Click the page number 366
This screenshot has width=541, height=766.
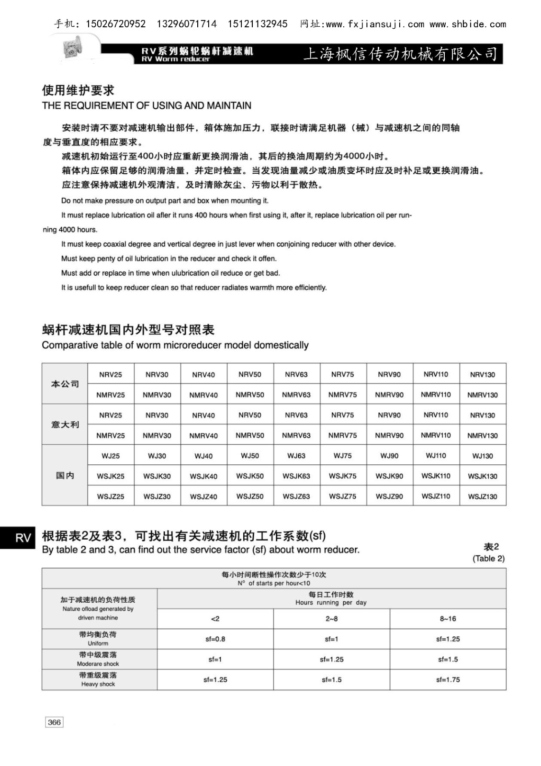pyautogui.click(x=54, y=722)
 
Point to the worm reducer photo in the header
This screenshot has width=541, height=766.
pyautogui.click(x=72, y=50)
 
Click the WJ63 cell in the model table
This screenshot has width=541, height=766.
pyautogui.click(x=296, y=456)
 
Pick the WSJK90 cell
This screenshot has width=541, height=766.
pyautogui.click(x=389, y=476)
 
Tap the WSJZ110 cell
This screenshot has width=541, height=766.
pyautogui.click(x=436, y=496)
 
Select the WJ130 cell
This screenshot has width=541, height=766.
pyautogui.click(x=483, y=456)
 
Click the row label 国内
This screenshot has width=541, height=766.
pyautogui.click(x=65, y=475)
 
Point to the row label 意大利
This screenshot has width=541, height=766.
pyautogui.click(x=65, y=425)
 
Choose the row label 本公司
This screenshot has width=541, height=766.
pyautogui.click(x=65, y=384)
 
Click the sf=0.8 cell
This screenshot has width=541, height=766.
pyautogui.click(x=215, y=639)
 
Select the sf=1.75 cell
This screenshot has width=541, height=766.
pyautogui.click(x=448, y=679)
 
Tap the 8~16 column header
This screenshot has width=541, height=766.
pyautogui.click(x=448, y=619)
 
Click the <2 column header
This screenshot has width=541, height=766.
pyautogui.click(x=215, y=619)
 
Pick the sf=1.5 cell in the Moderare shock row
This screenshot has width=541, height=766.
pyautogui.click(x=448, y=659)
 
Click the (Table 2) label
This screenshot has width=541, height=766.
pyautogui.click(x=488, y=558)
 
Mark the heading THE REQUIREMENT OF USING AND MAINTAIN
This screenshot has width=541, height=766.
pyautogui.click(x=147, y=105)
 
